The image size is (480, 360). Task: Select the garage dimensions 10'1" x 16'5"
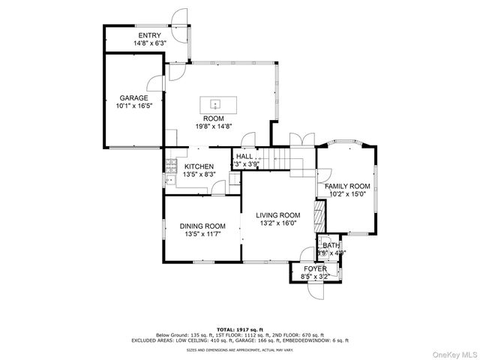click(x=133, y=106)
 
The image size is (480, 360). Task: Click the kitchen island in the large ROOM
click(x=214, y=104)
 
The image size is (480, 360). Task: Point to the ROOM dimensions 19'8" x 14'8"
click(x=214, y=126)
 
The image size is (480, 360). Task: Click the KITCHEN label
click(x=199, y=166)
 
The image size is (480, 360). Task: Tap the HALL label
click(x=245, y=156)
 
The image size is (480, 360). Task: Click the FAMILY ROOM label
click(x=347, y=186)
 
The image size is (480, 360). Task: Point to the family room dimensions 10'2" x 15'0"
click(x=347, y=194)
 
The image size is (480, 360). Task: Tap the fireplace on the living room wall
click(x=317, y=217)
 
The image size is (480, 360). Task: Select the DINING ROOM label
click(x=202, y=226)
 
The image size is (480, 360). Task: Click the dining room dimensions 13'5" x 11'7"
click(x=202, y=234)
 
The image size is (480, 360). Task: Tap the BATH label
click(x=331, y=245)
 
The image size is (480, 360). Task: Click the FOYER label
click(x=315, y=268)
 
